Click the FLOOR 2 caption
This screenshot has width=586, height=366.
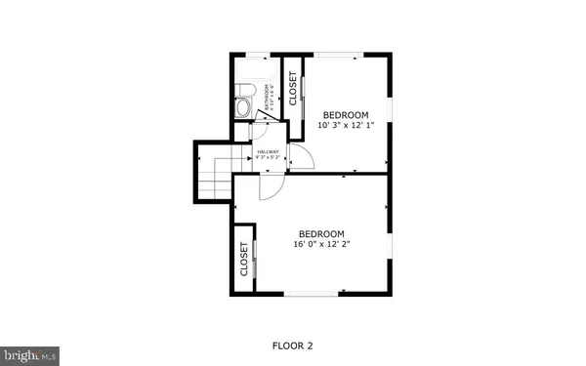coord(292,346)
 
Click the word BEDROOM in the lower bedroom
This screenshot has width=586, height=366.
coord(321,233)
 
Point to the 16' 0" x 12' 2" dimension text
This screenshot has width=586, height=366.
coord(321,246)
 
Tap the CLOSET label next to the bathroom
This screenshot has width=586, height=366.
coord(292,87)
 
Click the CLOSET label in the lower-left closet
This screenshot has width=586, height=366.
coord(244,259)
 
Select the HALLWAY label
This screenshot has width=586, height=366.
coord(269,152)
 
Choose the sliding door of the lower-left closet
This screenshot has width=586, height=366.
coord(256,260)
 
